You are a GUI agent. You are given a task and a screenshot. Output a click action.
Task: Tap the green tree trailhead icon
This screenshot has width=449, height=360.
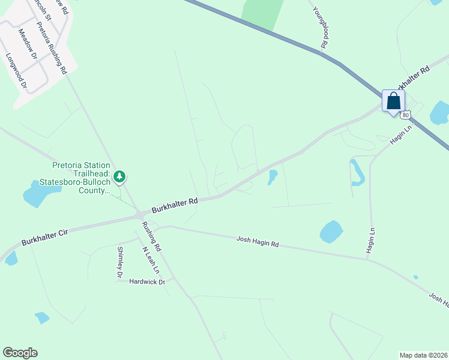(121, 176)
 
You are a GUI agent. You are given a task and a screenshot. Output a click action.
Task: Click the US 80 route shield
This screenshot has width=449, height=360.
(406, 115)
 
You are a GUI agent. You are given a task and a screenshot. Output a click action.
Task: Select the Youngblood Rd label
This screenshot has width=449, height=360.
(320, 26)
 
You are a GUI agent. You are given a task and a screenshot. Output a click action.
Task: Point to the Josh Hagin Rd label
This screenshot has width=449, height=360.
(258, 242)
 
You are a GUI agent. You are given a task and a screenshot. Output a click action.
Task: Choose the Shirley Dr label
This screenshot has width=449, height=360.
(120, 262)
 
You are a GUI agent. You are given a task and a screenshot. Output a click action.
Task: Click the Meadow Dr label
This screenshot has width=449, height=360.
(28, 44)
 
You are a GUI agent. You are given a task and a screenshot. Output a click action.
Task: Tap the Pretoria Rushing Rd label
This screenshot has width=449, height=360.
(52, 48)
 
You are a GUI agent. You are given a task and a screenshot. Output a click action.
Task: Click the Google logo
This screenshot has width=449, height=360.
(20, 353)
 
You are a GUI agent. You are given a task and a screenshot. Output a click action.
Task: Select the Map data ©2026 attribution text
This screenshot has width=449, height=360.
(423, 355)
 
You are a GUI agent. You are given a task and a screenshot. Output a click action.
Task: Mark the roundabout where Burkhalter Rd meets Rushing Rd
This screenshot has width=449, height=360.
(140, 214)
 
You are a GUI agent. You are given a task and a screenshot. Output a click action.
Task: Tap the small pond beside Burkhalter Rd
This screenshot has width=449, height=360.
(273, 176)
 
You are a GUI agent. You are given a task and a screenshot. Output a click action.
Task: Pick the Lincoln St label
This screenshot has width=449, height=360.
(41, 9)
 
